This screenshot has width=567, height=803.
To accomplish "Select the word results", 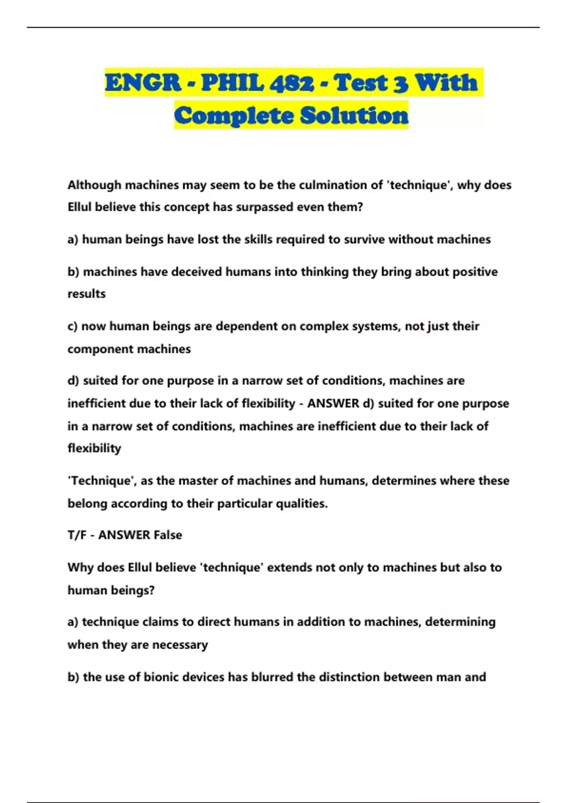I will click(x=86, y=294).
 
